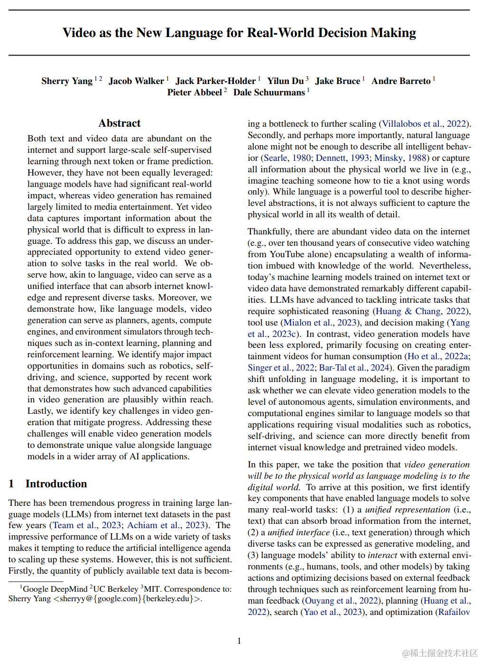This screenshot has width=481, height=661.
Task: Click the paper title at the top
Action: pos(239,33)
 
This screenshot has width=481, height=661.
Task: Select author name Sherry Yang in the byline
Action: pos(67,81)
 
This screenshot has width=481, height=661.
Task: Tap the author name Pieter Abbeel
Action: pos(194,93)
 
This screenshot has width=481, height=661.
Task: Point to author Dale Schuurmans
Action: pos(269,93)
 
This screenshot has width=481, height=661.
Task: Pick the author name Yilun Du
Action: pos(285,81)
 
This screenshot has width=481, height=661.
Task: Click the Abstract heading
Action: pos(120,123)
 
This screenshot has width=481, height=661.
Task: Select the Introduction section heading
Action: pos(56,484)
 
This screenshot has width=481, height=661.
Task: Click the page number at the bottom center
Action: pos(239,641)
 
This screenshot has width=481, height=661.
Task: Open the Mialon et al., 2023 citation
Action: pos(320,323)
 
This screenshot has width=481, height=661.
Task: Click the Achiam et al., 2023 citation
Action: pos(166,525)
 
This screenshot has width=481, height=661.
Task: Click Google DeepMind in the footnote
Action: pos(55,589)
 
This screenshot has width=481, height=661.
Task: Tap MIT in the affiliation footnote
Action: pos(152,589)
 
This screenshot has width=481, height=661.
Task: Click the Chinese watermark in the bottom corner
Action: pos(440,653)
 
